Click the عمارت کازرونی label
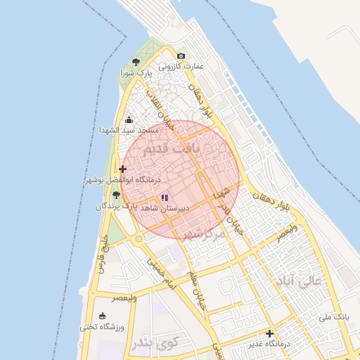181,66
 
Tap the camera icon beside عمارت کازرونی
181,56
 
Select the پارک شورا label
136,72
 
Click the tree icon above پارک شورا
136,62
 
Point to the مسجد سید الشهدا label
127,131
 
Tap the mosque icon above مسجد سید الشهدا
128,120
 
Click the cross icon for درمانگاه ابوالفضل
123,169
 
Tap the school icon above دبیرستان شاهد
165,198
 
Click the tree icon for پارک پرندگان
116,195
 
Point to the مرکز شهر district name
204,233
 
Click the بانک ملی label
334,318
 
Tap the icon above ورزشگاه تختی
103,316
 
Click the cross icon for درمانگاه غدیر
269,333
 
